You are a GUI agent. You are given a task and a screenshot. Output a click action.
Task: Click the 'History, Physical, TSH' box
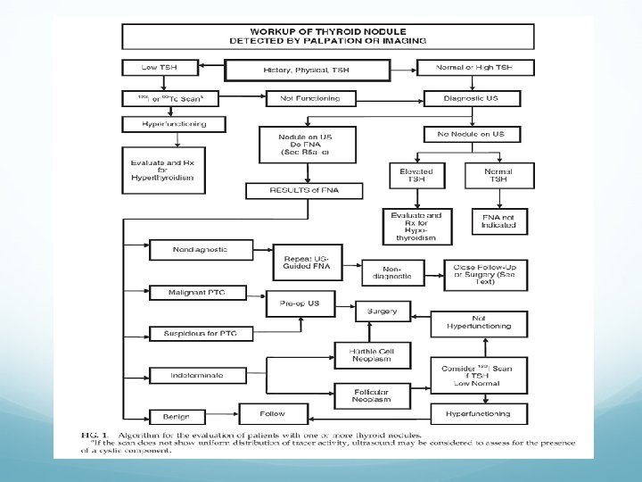[308, 70]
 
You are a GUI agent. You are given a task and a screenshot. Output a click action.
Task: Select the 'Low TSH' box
[160, 67]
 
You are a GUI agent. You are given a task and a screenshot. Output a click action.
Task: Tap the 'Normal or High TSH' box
[476, 67]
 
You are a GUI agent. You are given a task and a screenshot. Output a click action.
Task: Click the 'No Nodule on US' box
[476, 134]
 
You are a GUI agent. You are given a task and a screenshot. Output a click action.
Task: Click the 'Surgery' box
[383, 313]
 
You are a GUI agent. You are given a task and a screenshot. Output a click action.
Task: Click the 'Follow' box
[273, 413]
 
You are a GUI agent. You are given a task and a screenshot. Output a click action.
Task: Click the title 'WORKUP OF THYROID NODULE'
[327, 29]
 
